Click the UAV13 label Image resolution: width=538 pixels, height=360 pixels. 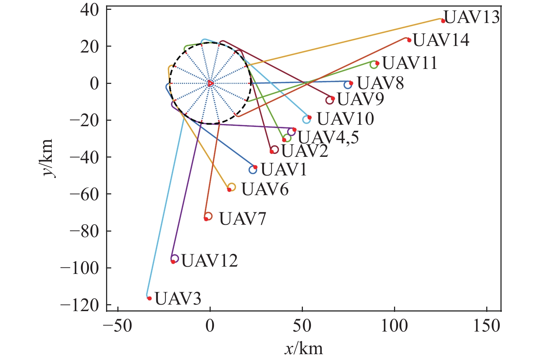[472, 17]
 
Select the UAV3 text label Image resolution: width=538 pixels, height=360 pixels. [178, 299]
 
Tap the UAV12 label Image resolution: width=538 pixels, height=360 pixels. [210, 260]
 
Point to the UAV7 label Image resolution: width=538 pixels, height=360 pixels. [242, 219]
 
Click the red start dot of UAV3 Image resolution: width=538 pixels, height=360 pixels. [149, 298]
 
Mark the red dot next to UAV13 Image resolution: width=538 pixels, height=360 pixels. [443, 21]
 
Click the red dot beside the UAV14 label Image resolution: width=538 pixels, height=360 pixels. [409, 40]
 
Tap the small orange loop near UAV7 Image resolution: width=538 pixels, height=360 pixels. [208, 216]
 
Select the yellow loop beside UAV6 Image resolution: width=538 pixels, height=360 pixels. [231, 187]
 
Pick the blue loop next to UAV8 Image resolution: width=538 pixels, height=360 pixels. [348, 85]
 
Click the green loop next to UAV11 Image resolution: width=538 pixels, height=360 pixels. [374, 65]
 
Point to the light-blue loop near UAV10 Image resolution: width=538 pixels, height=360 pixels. [307, 119]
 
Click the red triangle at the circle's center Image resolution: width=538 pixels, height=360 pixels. [210, 83]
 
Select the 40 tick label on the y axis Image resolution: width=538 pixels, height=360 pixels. [90, 10]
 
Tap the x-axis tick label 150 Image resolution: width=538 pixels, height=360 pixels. [487, 326]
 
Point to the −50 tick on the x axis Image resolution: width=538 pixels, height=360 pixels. [118, 326]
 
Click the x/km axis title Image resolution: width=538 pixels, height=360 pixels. [304, 349]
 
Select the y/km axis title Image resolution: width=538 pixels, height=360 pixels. [48, 158]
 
